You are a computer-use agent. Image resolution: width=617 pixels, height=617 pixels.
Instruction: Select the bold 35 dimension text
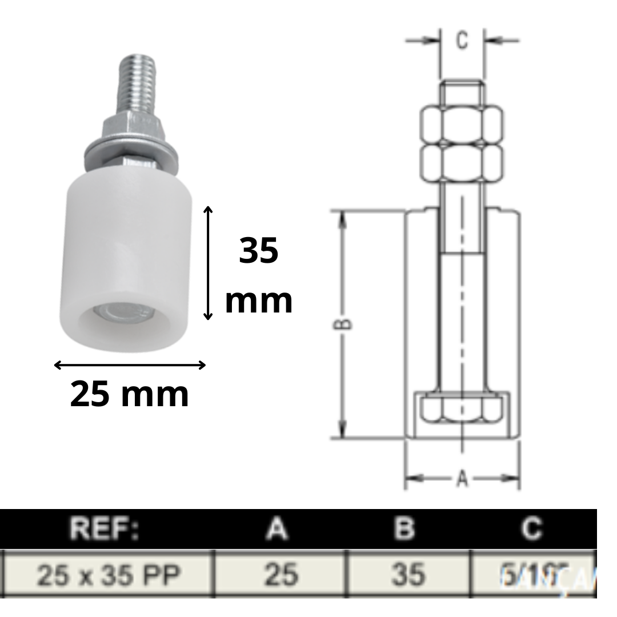258,251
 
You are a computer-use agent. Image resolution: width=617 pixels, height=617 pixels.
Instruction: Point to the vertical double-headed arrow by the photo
209,263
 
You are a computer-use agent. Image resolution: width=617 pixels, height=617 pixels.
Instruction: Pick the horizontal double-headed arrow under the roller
130,365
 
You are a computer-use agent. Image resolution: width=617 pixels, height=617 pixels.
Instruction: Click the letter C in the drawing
462,41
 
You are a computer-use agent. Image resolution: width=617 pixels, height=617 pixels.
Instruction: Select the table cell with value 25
281,575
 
